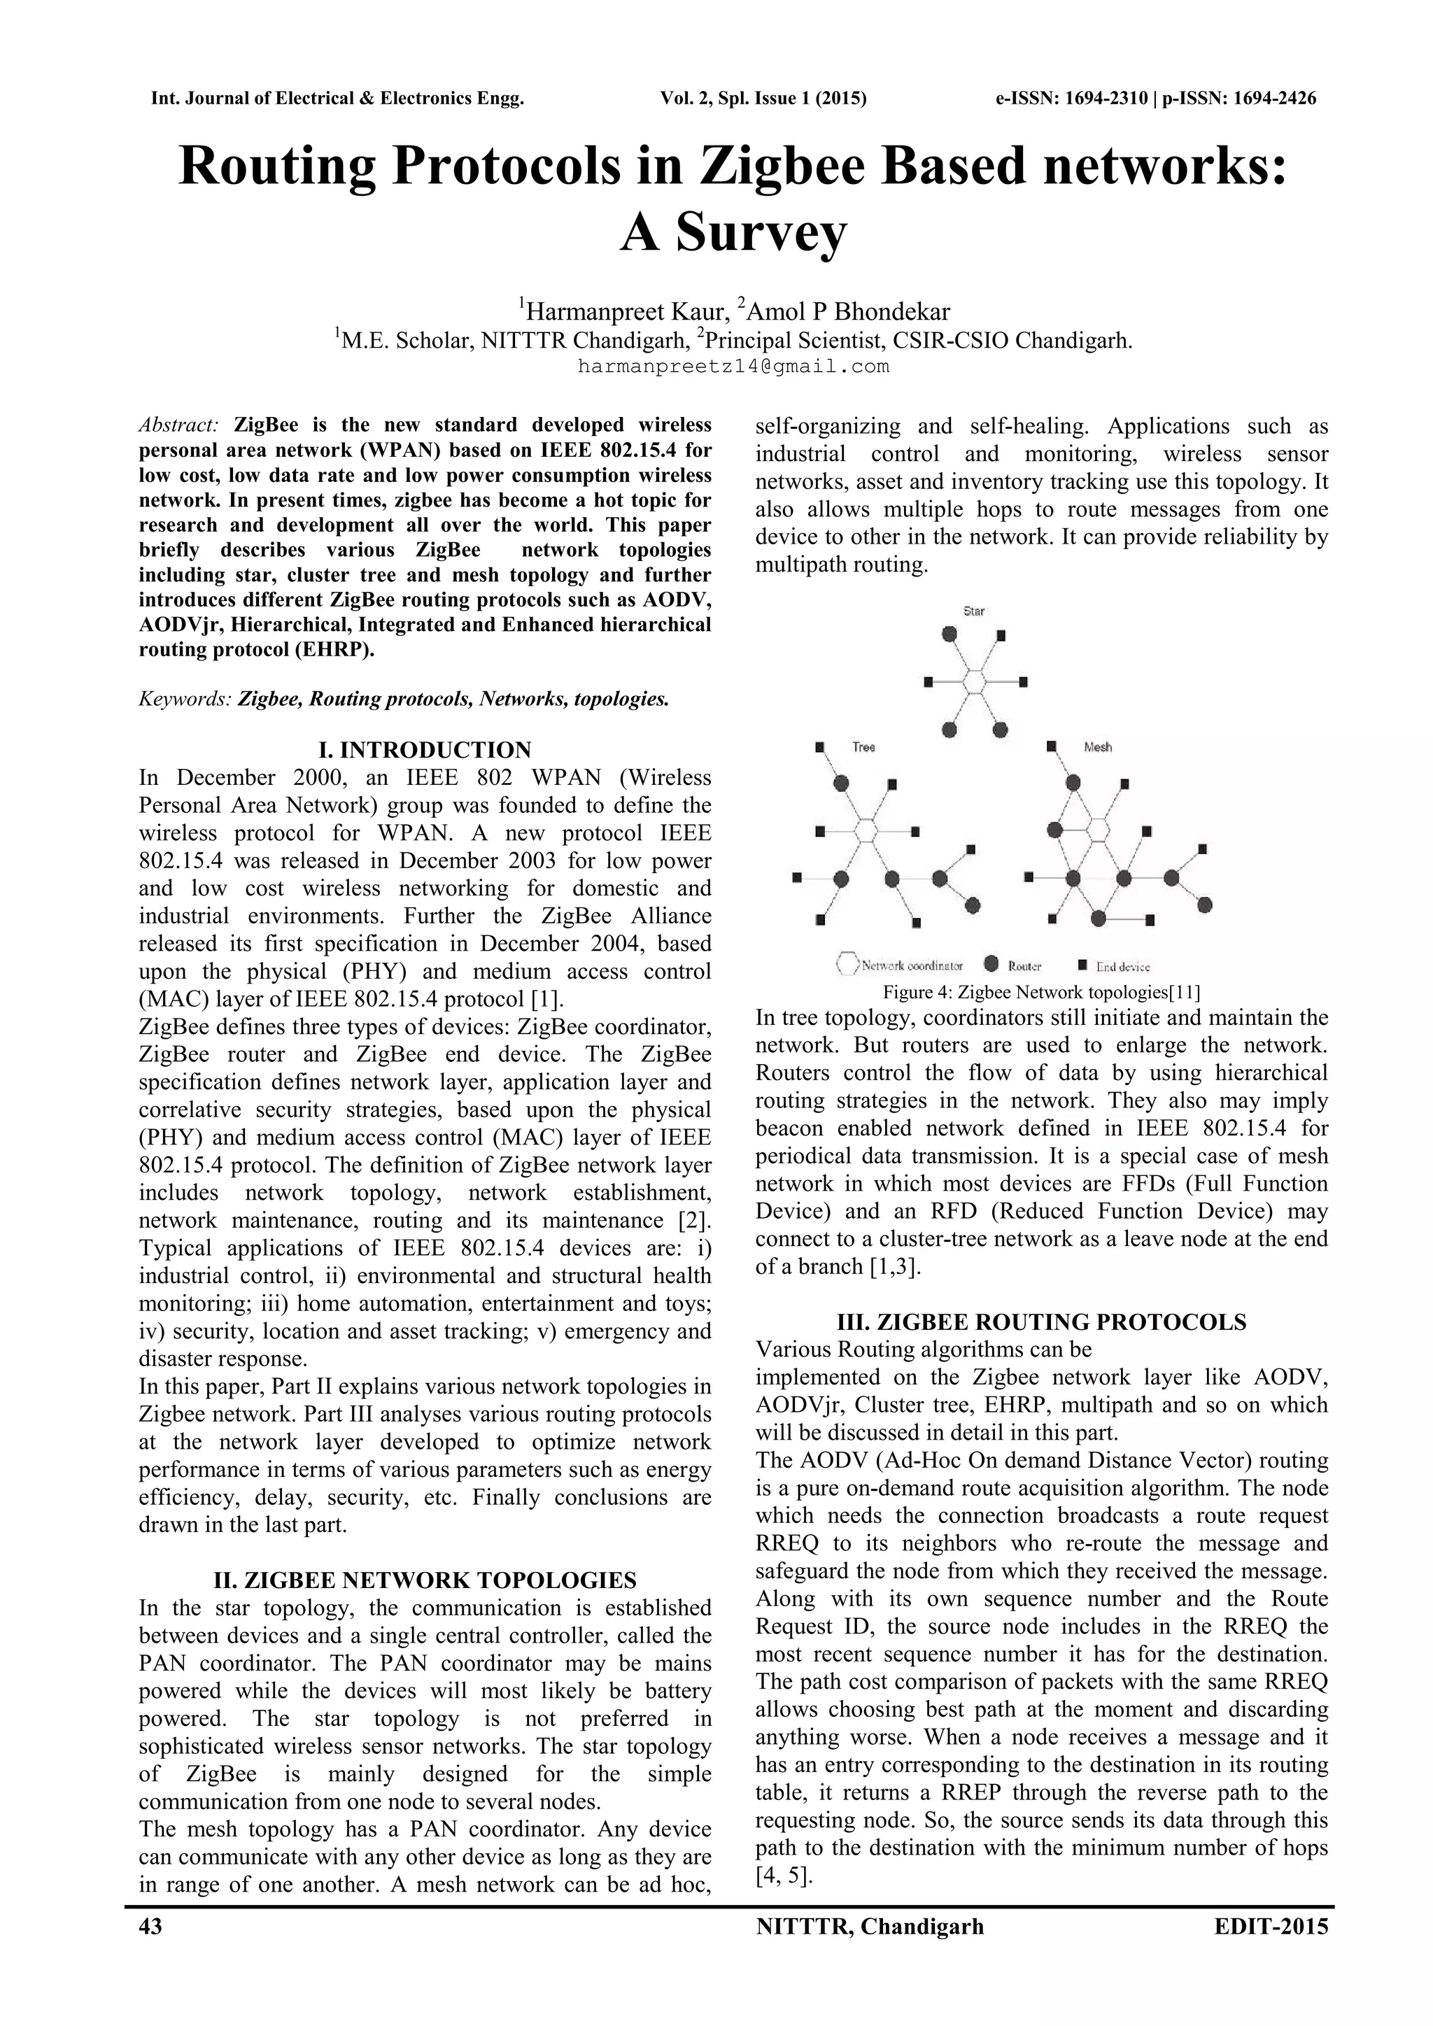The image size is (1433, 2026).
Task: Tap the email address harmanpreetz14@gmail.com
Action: pos(733,366)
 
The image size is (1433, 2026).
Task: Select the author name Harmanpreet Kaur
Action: pos(626,311)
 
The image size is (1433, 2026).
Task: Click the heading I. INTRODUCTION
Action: pos(425,750)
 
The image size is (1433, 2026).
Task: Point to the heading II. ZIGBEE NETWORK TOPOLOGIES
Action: pos(425,1580)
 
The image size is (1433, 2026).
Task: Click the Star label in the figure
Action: pos(973,611)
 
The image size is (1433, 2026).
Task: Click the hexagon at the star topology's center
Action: pos(974,681)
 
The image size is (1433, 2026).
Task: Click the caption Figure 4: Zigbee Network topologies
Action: pos(1041,992)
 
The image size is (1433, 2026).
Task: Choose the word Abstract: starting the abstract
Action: pos(179,425)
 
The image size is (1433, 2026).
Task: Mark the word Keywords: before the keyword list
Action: pos(185,700)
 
